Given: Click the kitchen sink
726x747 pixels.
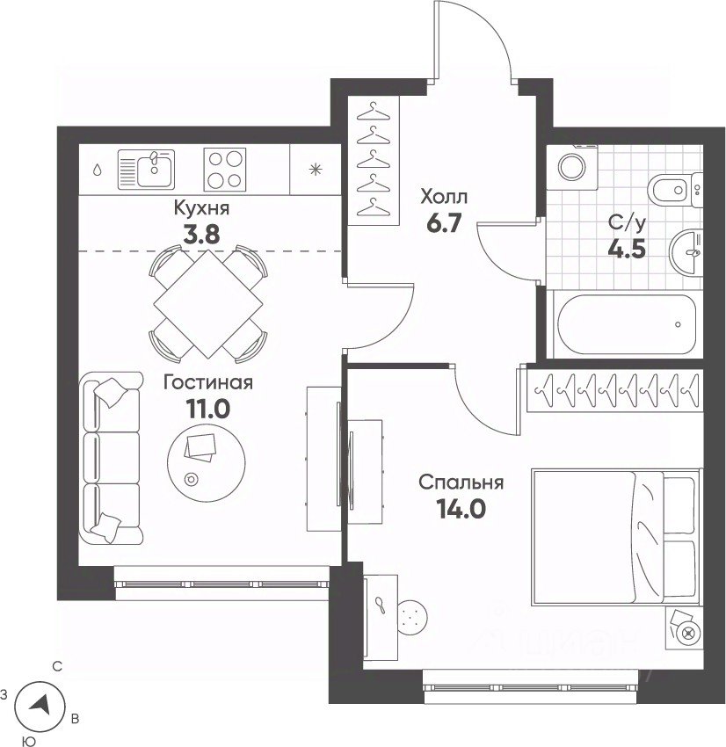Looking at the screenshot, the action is tap(146, 169).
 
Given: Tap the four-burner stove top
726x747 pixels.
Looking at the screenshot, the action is tap(225, 169).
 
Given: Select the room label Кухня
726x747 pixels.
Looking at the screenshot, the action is tap(201, 208).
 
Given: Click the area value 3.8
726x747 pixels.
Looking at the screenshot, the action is tap(201, 234).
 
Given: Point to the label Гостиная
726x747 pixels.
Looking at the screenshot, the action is tap(208, 382).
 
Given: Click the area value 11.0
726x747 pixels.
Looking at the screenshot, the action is tap(208, 409).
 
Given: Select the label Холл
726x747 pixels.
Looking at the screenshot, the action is tap(444, 196).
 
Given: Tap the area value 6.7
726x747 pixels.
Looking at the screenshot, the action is tap(445, 222).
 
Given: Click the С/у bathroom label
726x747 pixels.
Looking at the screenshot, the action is tap(627, 222).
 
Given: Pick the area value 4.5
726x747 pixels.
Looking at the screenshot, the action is tap(627, 248).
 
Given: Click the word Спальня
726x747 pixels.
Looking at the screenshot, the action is tap(461, 482).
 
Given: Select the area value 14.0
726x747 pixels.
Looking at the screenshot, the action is tap(461, 509).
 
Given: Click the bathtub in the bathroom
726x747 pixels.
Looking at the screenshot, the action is tap(627, 325).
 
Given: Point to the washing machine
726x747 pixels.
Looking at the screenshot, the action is tap(571, 167).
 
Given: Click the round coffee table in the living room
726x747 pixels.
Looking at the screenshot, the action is tap(207, 461).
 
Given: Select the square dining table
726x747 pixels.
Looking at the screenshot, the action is tap(208, 304).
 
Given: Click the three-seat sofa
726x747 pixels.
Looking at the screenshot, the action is tap(112, 458).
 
